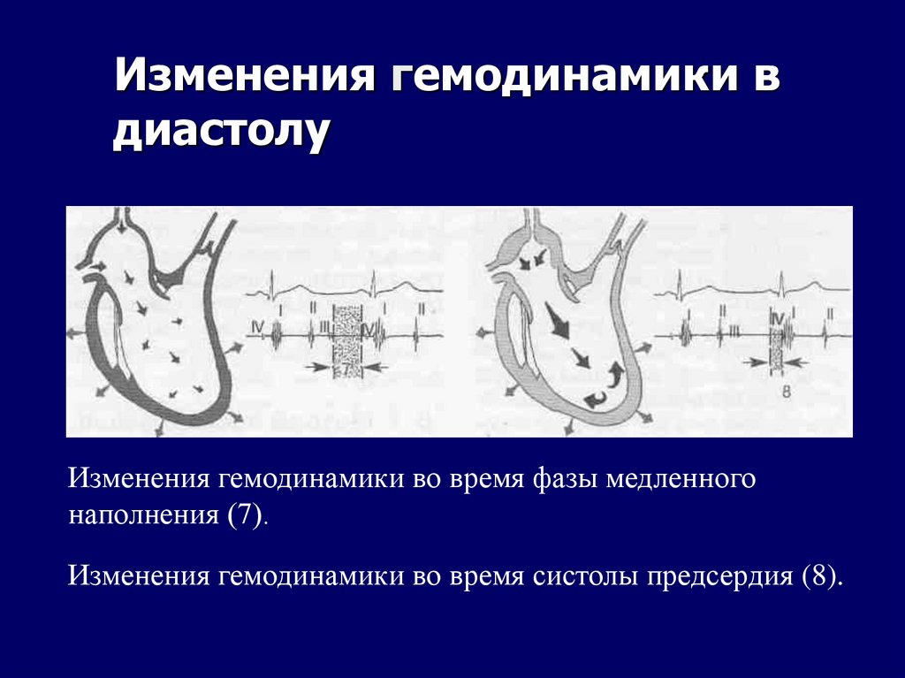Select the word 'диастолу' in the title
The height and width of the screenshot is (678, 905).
[x=220, y=133]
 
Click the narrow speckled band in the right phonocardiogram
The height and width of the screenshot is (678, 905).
[x=776, y=341]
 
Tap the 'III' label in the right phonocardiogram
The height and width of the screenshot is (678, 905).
[x=734, y=331]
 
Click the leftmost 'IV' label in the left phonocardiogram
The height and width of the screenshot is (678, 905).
[x=257, y=328]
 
